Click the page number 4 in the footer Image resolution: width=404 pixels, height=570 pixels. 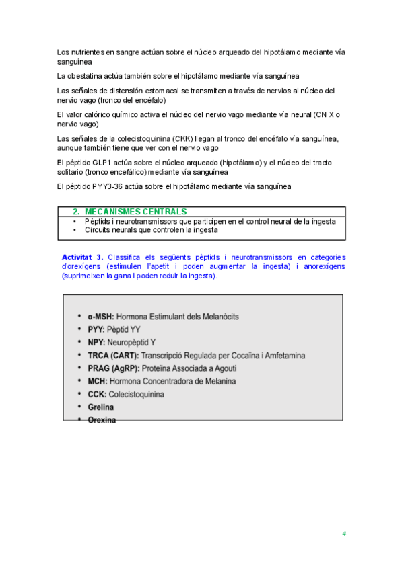click(343, 534)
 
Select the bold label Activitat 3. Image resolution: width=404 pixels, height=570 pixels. click(82, 257)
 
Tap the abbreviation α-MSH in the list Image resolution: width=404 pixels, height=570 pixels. click(101, 316)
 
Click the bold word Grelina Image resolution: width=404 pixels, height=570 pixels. click(100, 407)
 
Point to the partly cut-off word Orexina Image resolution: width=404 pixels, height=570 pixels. click(102, 420)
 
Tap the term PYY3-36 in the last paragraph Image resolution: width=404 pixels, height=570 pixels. click(108, 186)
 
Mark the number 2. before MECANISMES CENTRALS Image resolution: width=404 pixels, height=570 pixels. click(76, 212)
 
